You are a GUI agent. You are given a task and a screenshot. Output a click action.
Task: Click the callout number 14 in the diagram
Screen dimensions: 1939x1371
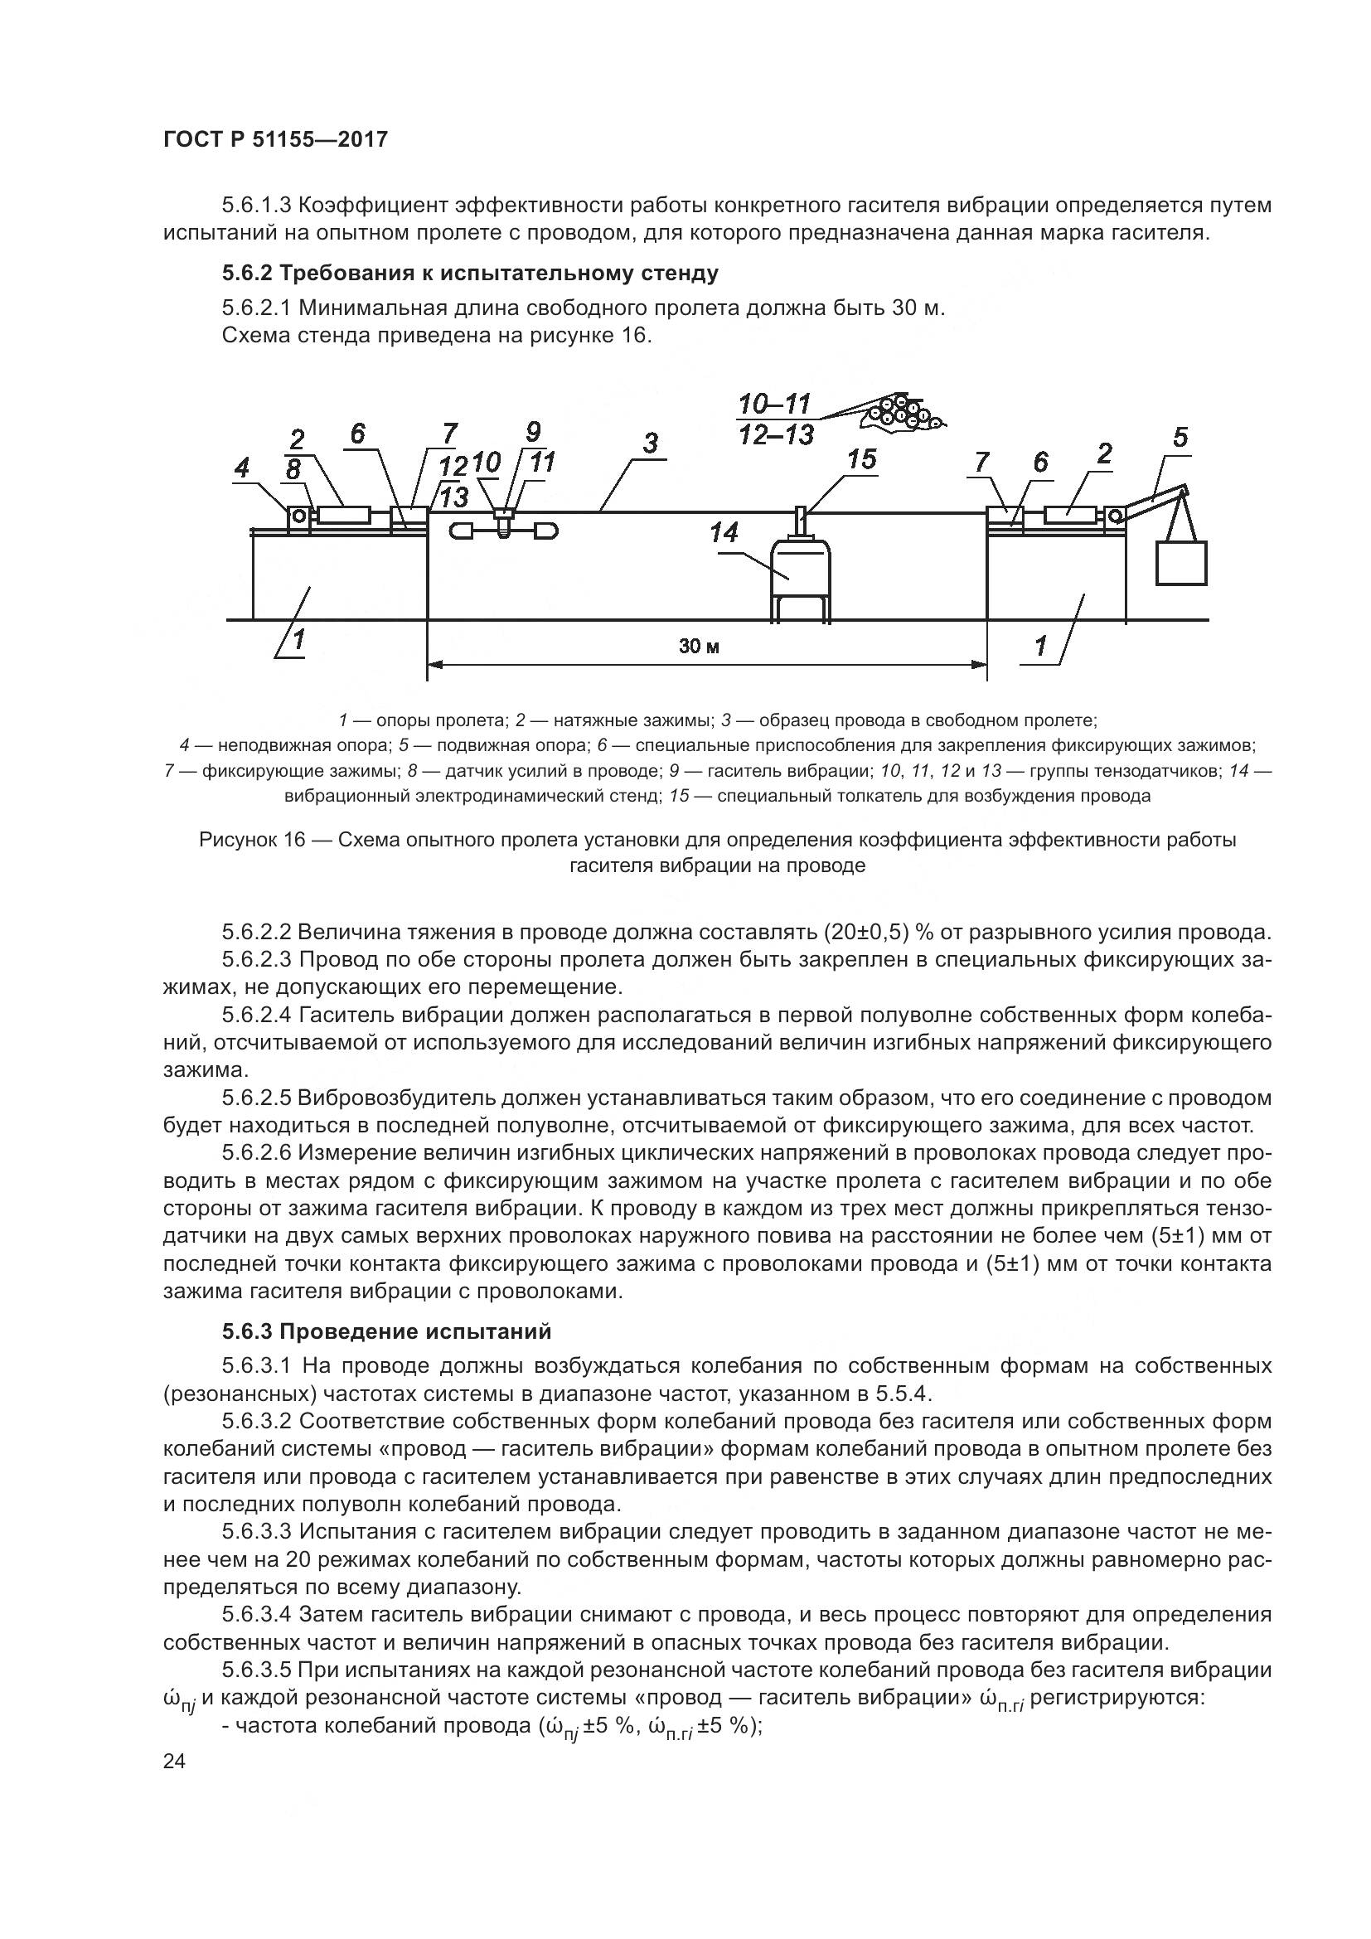pos(724,533)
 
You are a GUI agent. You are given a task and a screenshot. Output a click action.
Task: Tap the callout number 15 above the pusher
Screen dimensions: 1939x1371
pos(862,459)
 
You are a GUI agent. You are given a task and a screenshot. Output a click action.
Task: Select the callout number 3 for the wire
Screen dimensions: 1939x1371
pos(650,443)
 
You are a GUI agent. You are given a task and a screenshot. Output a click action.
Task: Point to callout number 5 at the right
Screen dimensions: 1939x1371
pos(1180,438)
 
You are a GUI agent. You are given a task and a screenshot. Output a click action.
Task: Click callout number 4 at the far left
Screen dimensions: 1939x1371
pos(242,468)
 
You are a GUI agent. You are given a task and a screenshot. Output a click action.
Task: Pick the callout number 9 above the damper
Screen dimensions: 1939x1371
pos(533,432)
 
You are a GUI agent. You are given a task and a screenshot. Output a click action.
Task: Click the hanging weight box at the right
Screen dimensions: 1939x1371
pos(1181,563)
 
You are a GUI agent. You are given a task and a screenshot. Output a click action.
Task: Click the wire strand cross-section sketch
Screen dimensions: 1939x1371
pos(901,413)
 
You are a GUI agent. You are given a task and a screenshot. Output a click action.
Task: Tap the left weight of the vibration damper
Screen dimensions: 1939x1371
pos(463,531)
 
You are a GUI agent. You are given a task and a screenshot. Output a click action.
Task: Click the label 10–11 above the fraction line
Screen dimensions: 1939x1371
pos(774,405)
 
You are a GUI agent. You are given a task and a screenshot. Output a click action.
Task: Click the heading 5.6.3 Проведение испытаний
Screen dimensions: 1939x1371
pos(386,1332)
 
